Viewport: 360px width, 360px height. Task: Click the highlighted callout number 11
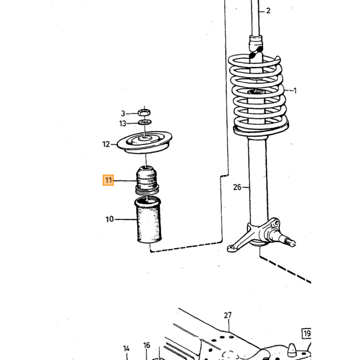point(108,180)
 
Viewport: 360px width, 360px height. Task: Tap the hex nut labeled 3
point(144,113)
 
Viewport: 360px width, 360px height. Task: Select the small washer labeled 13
point(145,122)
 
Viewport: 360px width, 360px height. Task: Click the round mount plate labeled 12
point(145,142)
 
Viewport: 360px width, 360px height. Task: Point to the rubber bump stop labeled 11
point(147,180)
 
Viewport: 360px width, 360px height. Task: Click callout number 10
point(110,219)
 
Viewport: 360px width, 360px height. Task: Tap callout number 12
point(106,144)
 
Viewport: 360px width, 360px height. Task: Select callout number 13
point(123,123)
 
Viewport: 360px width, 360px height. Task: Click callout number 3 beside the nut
point(123,114)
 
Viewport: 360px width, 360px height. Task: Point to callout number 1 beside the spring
point(295,91)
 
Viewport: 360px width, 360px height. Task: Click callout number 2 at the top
point(268,11)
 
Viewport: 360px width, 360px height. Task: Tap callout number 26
point(237,187)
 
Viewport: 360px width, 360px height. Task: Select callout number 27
point(227,315)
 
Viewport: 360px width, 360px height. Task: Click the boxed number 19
point(307,333)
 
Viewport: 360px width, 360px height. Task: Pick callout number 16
point(147,345)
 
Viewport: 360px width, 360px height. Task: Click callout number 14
point(127,349)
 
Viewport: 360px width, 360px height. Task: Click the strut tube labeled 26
point(258,182)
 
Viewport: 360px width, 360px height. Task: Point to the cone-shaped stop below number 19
point(292,350)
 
